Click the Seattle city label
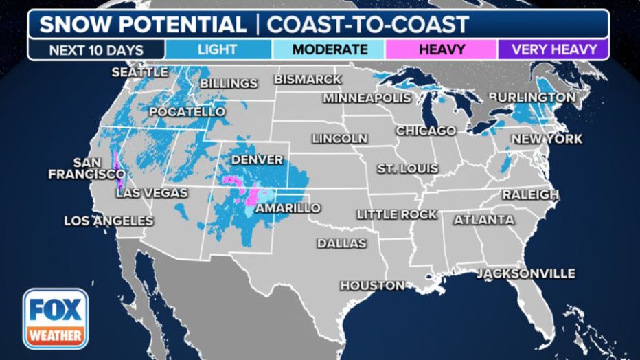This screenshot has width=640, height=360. [x=140, y=71]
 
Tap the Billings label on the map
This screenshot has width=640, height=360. [x=229, y=84]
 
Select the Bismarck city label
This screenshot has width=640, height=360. [x=308, y=80]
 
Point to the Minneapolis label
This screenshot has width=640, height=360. [x=367, y=98]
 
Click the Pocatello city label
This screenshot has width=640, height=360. [x=187, y=111]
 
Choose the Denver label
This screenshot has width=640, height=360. [x=257, y=159]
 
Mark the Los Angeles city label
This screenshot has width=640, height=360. [x=108, y=221]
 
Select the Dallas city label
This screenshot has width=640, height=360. [x=341, y=243]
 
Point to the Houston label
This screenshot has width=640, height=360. [x=372, y=285]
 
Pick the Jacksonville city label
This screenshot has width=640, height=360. [x=526, y=273]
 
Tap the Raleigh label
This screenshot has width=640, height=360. [x=530, y=195]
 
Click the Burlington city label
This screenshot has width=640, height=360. [x=532, y=98]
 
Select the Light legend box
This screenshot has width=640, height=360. [x=218, y=49]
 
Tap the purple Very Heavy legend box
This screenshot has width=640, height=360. [x=552, y=49]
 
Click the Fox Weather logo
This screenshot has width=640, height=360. [x=55, y=318]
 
